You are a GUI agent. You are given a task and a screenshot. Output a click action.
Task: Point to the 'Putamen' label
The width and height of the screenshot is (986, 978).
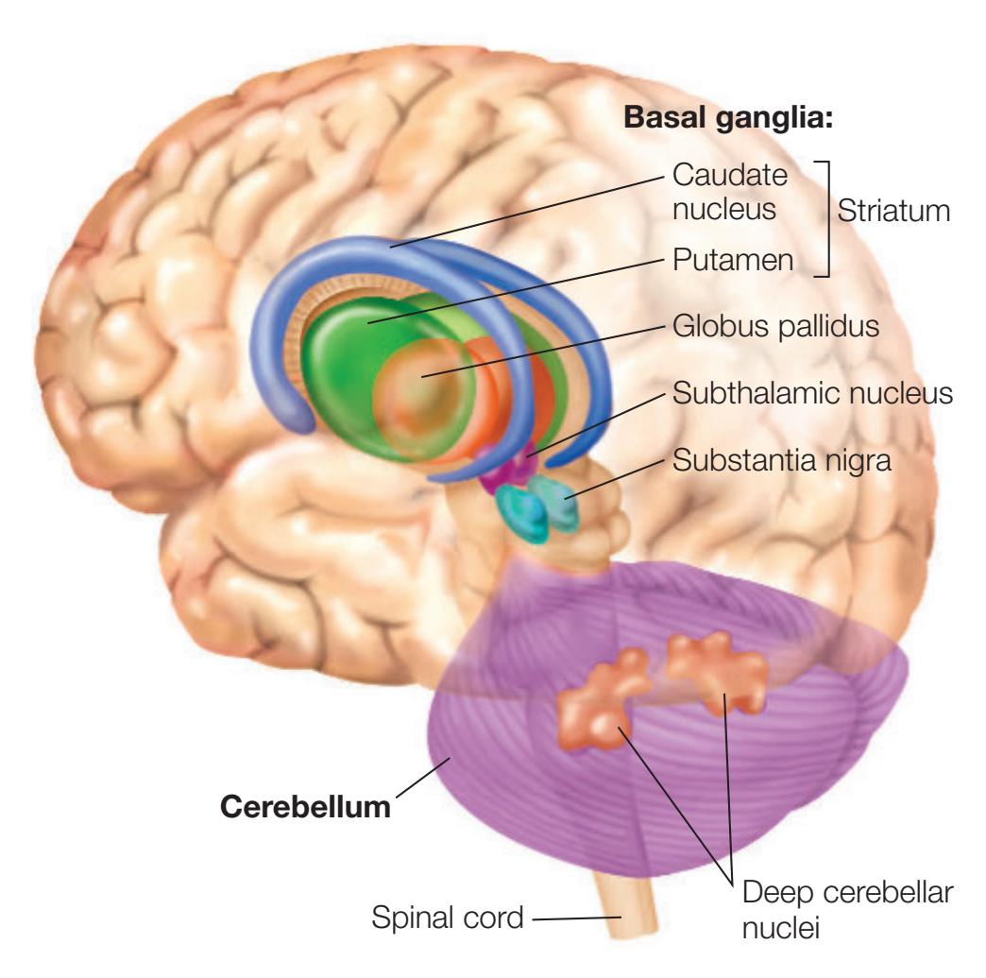click(x=733, y=262)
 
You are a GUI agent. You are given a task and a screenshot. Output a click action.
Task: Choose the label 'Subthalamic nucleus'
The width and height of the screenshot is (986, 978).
click(x=809, y=392)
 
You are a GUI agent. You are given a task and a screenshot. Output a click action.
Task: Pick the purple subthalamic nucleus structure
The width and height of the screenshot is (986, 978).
click(x=514, y=464)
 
